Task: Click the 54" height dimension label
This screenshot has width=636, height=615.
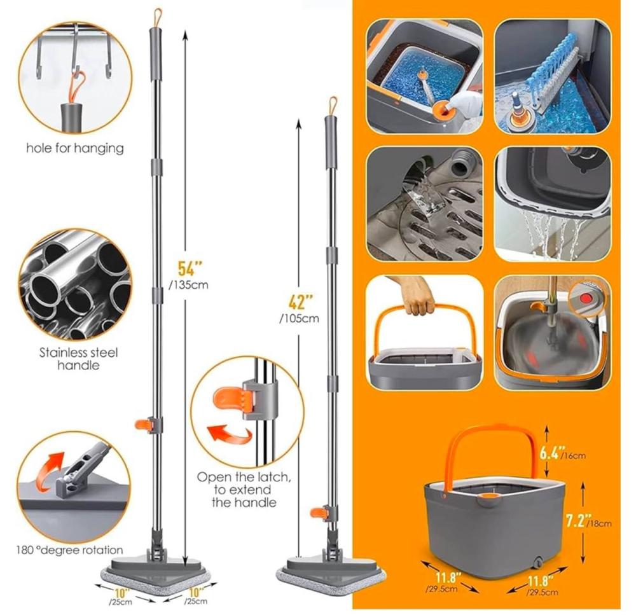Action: point(190,268)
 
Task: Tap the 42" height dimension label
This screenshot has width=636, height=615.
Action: point(301,302)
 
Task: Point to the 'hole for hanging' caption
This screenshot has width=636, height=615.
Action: point(75,148)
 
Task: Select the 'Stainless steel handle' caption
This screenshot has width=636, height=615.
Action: point(79,359)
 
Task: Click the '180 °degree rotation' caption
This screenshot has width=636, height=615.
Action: point(69,551)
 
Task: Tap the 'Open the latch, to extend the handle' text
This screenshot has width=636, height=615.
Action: point(244,490)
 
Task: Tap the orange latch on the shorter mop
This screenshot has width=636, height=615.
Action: point(319,513)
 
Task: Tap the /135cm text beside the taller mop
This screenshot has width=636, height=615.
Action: point(189,285)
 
